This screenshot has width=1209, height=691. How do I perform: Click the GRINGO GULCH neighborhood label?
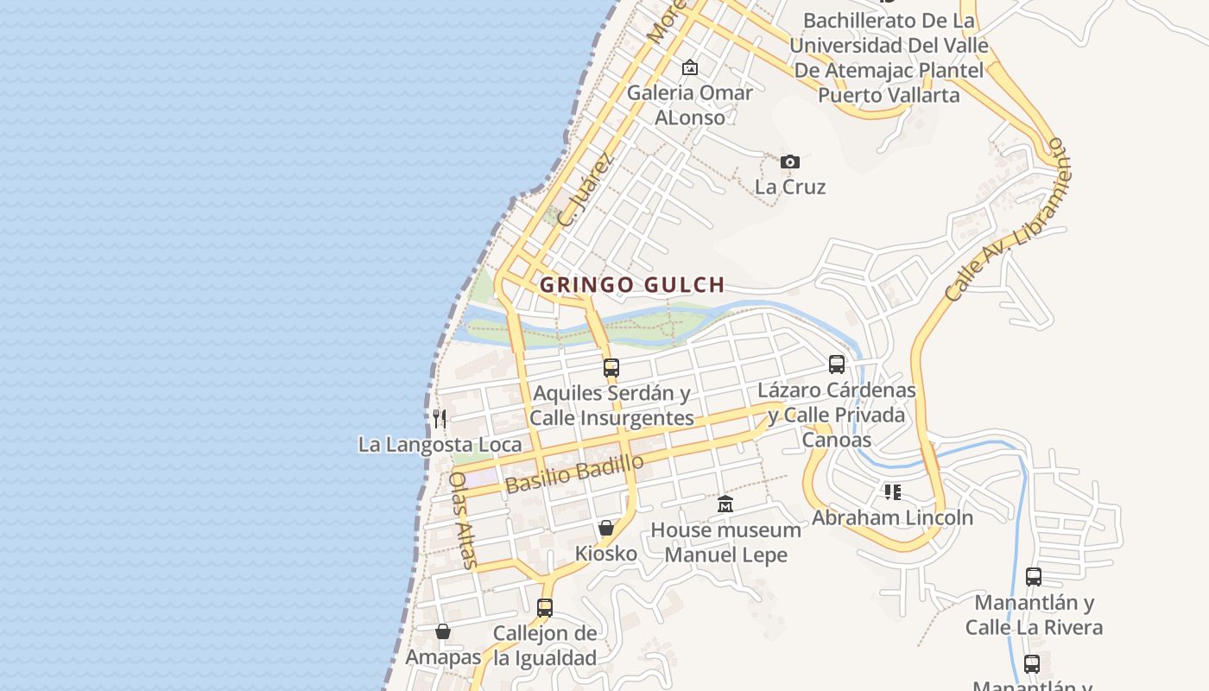pos(631,284)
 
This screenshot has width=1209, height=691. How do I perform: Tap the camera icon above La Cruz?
pos(789,162)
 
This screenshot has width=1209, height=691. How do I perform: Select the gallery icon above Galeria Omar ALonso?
pos(689,67)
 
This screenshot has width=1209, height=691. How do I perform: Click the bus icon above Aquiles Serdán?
pos(611,367)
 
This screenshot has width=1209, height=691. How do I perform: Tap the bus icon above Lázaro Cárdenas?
pos(836,365)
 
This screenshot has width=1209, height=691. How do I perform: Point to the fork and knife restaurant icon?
pos(440,419)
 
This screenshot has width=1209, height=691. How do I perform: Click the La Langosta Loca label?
pos(440,445)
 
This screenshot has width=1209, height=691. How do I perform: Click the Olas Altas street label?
pos(464,519)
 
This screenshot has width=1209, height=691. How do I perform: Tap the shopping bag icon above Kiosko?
pos(606,527)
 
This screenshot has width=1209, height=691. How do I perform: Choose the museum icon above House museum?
pos(725,504)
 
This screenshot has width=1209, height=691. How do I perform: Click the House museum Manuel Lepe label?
pos(725,542)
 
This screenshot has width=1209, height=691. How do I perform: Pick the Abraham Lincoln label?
pos(892,517)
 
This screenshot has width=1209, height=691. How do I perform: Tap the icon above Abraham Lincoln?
pos(892,492)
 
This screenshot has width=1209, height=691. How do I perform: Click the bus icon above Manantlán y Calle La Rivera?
pos(1033,576)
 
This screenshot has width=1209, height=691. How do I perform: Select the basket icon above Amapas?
pos(443,631)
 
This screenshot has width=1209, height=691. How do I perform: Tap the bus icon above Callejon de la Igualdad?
pos(544,607)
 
